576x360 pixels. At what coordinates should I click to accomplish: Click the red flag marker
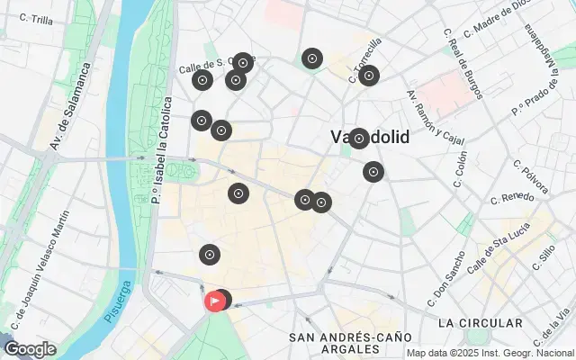(215, 301)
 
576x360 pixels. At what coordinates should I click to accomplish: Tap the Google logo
(31, 349)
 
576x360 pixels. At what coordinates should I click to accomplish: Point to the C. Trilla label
(36, 18)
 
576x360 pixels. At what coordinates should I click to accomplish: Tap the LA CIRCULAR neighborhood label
(480, 323)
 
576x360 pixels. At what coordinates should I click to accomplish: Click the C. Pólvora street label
(530, 177)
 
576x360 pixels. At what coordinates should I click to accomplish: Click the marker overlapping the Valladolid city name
(358, 139)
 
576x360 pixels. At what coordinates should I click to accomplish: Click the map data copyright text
(490, 353)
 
